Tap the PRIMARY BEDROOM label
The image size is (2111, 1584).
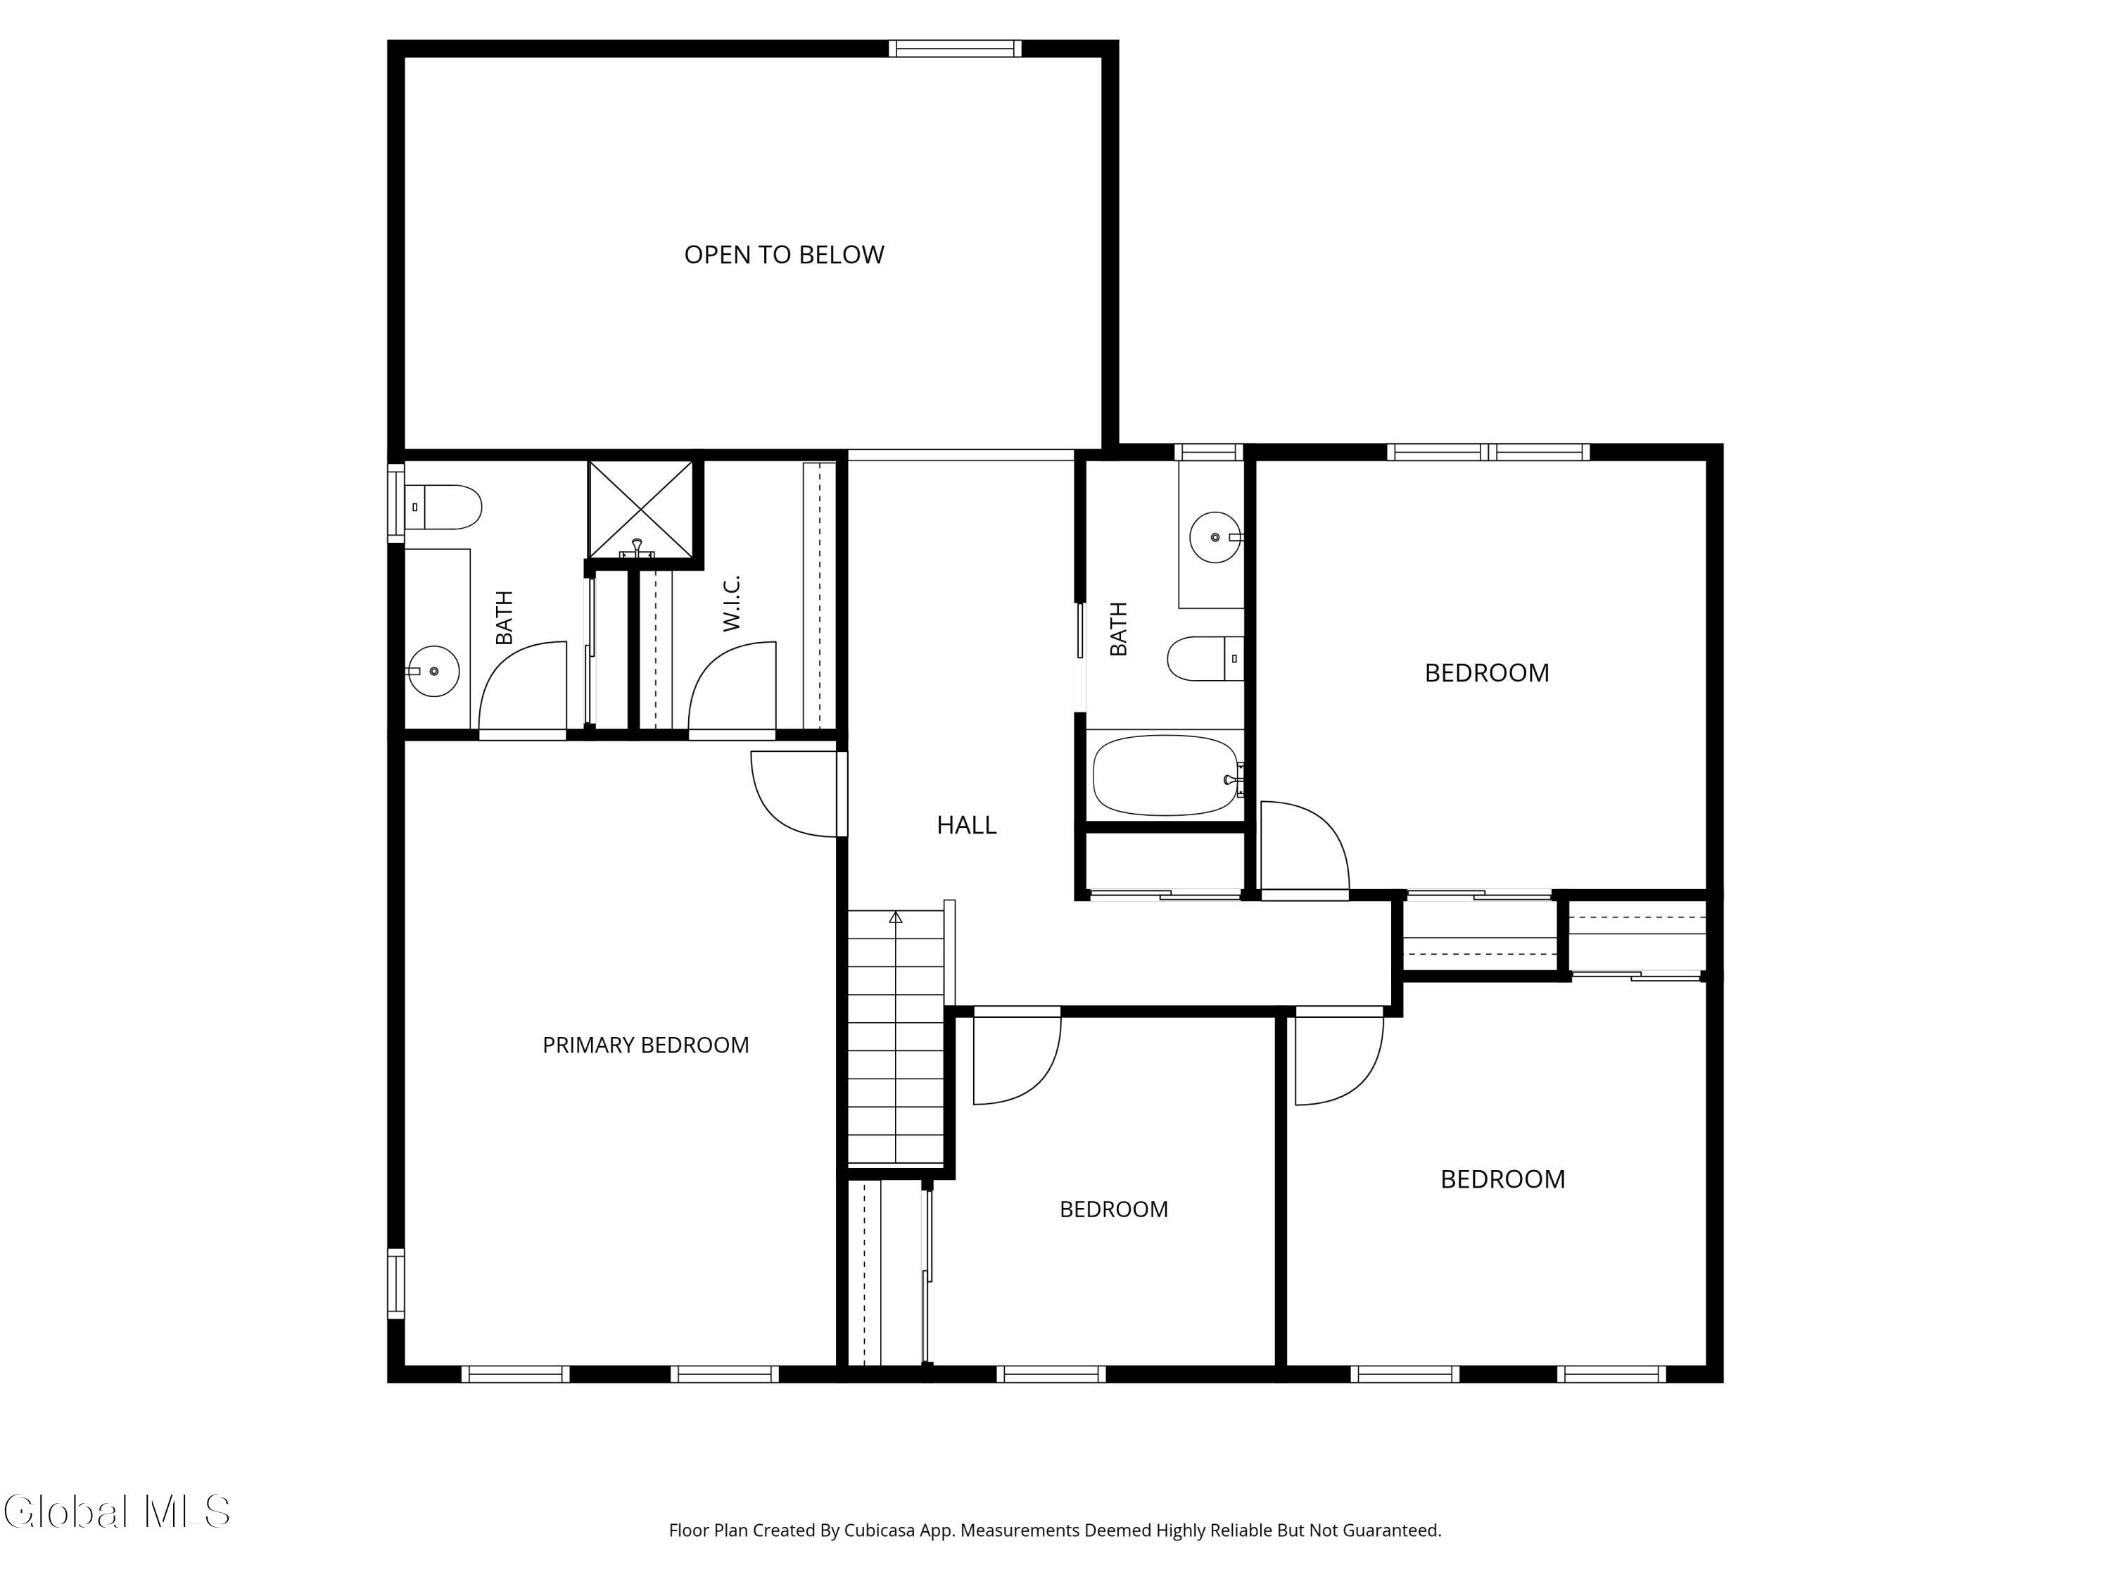[x=645, y=1045]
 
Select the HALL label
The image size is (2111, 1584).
[x=966, y=825]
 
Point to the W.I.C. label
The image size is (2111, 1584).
[x=731, y=603]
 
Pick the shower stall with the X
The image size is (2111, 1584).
[x=640, y=509]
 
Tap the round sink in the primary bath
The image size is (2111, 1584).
[x=434, y=671]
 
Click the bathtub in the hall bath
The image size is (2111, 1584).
[x=1165, y=774]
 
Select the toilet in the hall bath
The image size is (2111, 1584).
[x=1205, y=659]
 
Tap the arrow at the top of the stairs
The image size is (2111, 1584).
[x=895, y=917]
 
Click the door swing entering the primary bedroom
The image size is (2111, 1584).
[x=796, y=794]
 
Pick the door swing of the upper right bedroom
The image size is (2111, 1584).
[x=1305, y=848]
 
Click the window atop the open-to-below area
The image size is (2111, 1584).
[x=956, y=49]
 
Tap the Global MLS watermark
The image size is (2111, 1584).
[x=116, y=1511]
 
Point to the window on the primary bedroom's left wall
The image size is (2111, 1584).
[x=395, y=1284]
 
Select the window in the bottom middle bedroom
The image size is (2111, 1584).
[x=1052, y=1375]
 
